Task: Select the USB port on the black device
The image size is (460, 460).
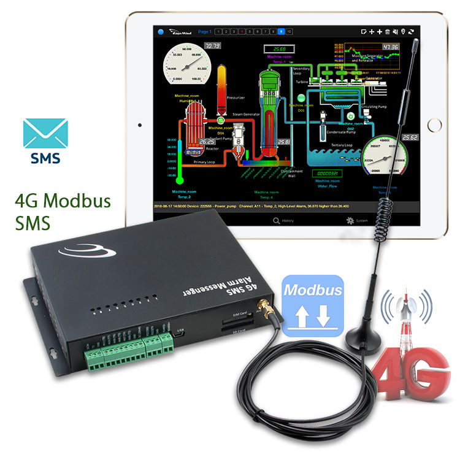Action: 180,335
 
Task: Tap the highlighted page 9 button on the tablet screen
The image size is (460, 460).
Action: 281,31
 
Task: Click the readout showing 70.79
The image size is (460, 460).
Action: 213,46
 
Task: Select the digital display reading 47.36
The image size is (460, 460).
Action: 389,47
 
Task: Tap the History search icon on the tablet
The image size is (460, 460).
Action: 277,220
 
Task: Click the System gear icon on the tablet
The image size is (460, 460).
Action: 350,220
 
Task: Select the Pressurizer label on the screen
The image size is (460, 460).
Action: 236,97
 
